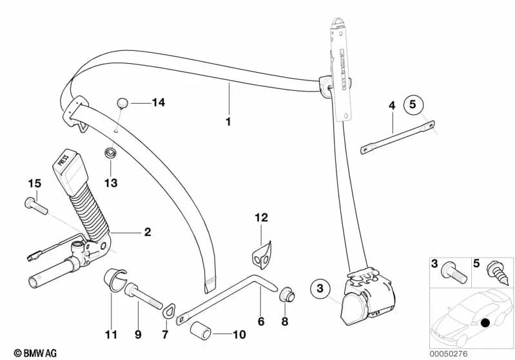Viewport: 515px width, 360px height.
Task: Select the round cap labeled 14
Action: (x=122, y=102)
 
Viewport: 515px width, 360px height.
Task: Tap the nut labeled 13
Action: (x=110, y=153)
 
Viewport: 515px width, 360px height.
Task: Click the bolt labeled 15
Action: (x=36, y=206)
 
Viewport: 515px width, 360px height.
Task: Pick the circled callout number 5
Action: (x=413, y=105)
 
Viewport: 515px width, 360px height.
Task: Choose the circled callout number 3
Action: (x=320, y=289)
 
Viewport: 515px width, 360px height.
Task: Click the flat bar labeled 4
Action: (x=398, y=137)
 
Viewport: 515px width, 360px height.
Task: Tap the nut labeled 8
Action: (x=287, y=294)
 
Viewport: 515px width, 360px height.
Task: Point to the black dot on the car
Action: (x=485, y=323)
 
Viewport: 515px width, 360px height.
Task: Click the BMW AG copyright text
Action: (x=35, y=353)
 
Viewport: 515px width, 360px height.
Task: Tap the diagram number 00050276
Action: (x=449, y=354)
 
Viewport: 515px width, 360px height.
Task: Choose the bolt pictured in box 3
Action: (x=454, y=274)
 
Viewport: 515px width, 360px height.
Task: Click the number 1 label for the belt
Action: (x=228, y=122)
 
